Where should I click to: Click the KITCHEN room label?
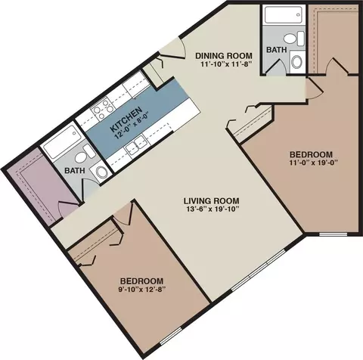click(x=126, y=119)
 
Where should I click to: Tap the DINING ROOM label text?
click(x=224, y=55)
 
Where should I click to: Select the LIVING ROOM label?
click(x=211, y=201)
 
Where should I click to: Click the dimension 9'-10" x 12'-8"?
click(x=141, y=289)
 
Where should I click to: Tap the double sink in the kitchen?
click(x=135, y=146)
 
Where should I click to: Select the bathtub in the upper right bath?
click(x=284, y=15)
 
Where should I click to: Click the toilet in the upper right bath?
click(x=294, y=39)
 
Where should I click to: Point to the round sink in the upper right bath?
click(x=297, y=61)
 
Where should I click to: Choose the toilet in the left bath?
click(x=84, y=154)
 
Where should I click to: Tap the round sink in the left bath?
click(x=101, y=172)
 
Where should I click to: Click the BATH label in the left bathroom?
click(x=75, y=171)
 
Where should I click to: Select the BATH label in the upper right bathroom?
click(x=277, y=50)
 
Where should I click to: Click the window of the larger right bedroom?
click(x=334, y=234)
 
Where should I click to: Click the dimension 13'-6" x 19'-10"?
click(x=211, y=209)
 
